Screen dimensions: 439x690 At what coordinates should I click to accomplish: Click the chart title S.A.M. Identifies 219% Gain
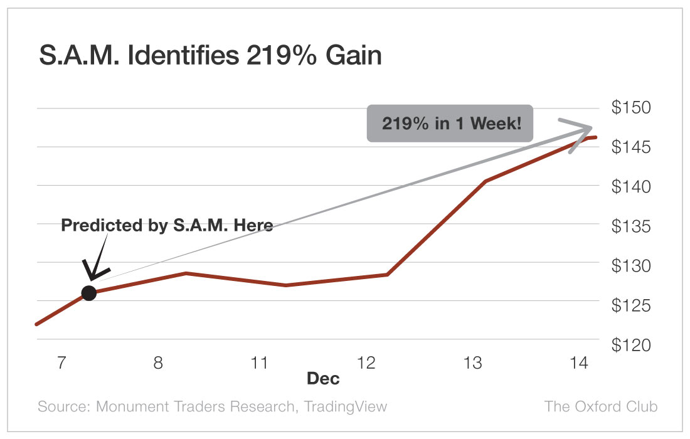point(210,56)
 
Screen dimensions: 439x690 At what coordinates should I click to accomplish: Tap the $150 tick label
point(631,108)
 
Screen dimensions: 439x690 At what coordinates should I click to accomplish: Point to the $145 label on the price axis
point(631,147)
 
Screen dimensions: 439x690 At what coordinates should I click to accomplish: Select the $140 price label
point(631,186)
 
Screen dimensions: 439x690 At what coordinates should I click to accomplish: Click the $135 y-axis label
point(631,226)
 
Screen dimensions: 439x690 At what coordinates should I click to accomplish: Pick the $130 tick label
point(631,265)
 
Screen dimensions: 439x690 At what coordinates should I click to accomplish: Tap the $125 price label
point(631,305)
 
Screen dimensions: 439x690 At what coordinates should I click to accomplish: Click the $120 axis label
point(631,345)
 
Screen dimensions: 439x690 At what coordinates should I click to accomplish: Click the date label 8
point(158,362)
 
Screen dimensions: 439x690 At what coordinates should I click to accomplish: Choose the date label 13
point(472,362)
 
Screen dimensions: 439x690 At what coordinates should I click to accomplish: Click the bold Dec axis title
point(323,379)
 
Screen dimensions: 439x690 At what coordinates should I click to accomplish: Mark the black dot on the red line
point(89,293)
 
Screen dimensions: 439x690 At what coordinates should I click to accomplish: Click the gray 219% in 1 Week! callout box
point(450,123)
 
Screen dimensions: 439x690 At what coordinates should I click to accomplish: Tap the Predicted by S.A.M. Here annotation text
point(167,225)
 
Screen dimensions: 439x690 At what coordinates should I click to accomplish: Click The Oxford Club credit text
point(600,406)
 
